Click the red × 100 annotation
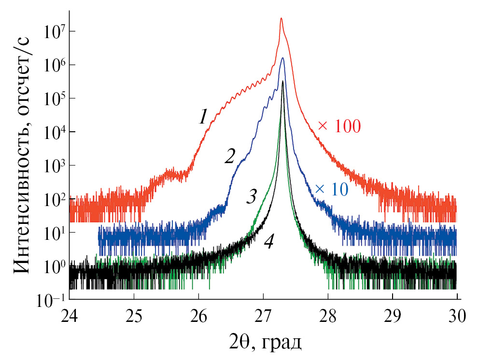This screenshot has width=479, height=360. [339, 126]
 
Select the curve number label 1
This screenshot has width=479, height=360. [203, 117]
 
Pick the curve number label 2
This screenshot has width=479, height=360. [230, 156]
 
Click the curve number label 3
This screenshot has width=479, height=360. [252, 197]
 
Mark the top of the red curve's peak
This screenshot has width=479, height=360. [281, 18]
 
